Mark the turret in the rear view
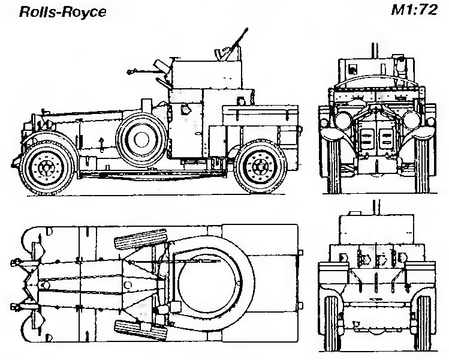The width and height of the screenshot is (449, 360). pos(377,228)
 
